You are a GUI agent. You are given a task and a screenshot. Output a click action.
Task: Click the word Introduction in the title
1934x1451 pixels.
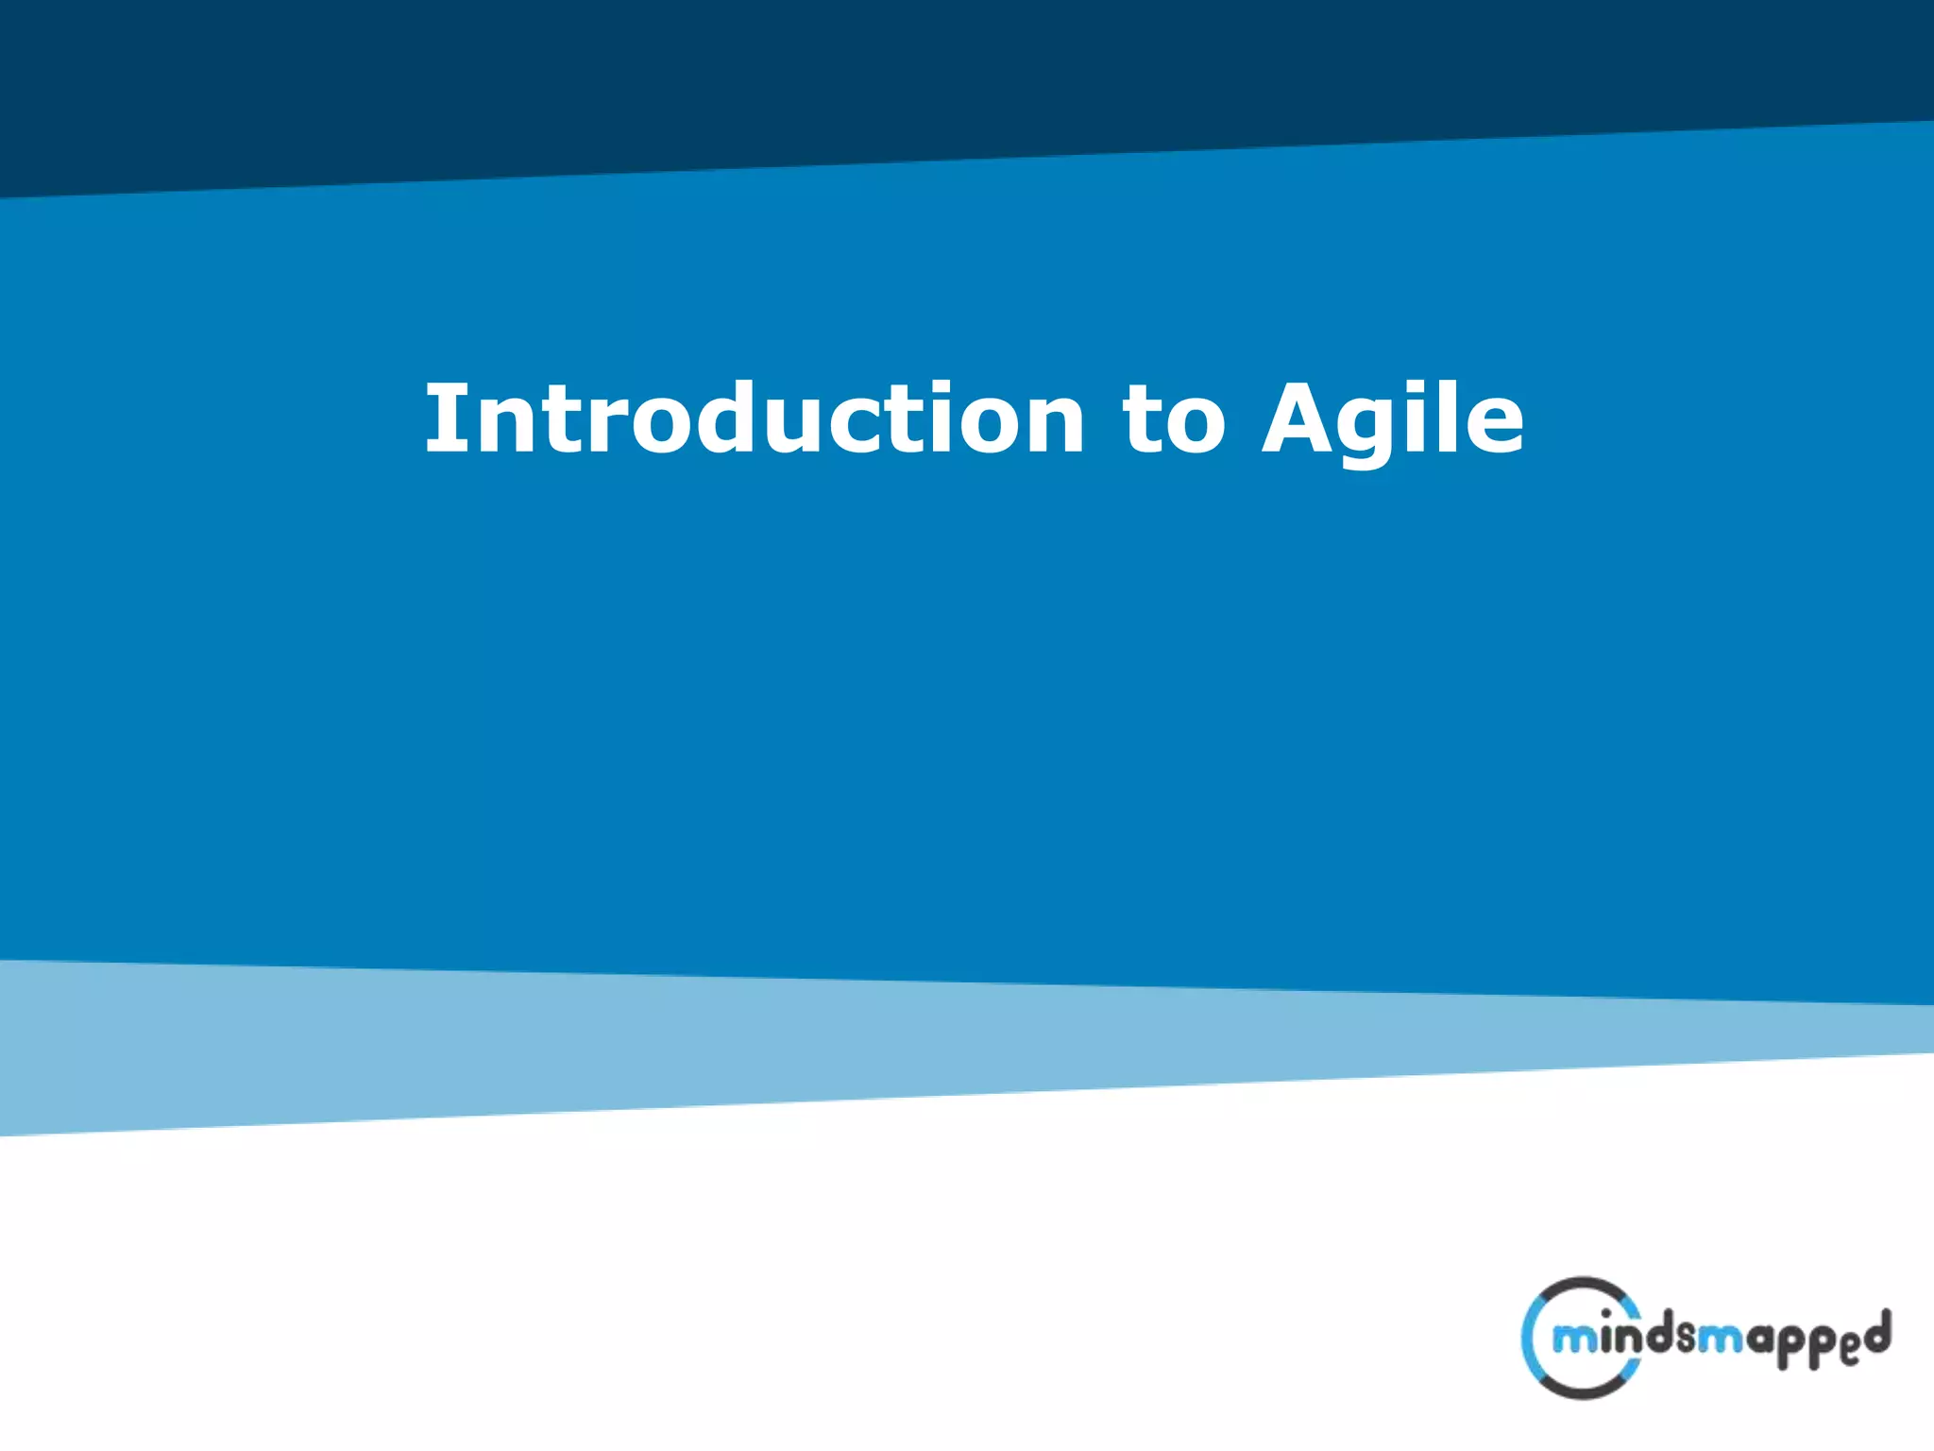(755, 418)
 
